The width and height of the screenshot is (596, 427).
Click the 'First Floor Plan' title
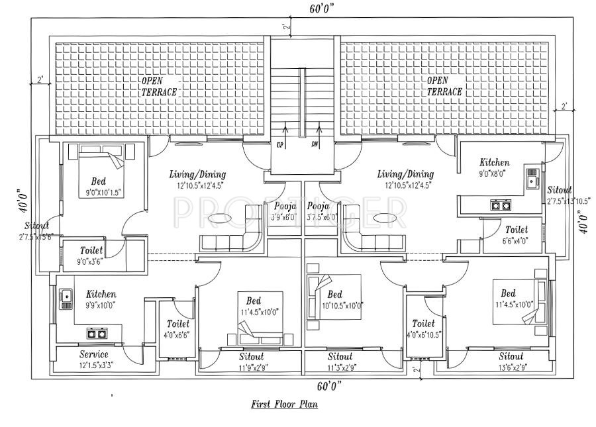284,404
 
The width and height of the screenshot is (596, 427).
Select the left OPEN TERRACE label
158,87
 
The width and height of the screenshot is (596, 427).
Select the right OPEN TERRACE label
444,87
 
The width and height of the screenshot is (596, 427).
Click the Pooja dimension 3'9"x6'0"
284,216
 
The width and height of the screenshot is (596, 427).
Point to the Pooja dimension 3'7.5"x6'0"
323,216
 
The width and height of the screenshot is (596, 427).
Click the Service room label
93,355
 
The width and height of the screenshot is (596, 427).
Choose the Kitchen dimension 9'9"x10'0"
101,305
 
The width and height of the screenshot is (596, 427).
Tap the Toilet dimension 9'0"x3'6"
91,261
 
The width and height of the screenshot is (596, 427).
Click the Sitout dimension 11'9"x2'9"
251,367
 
